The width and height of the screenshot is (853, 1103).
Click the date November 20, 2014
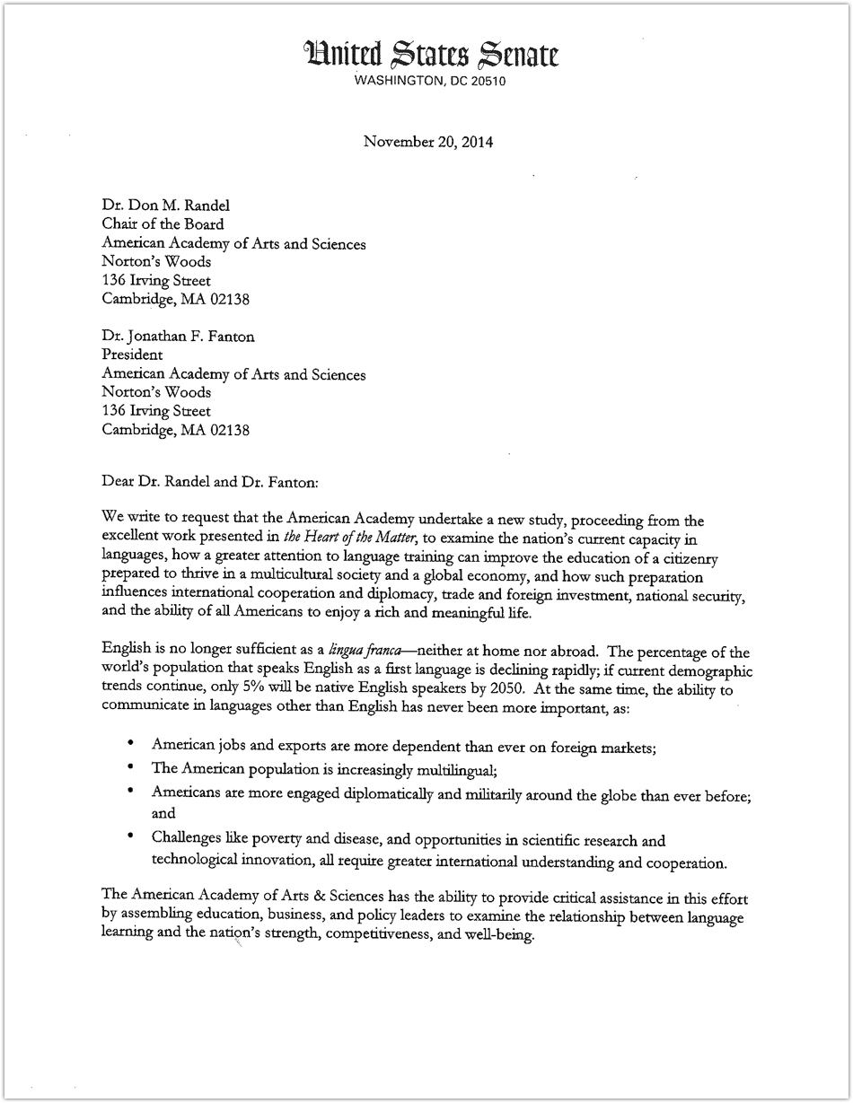[427, 141]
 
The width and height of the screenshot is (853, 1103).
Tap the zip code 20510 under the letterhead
[494, 81]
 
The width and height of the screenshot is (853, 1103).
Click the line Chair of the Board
[163, 223]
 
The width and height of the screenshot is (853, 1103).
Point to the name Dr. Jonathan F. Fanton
[178, 336]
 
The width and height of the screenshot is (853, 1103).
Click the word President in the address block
[132, 355]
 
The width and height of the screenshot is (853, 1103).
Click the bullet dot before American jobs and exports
[131, 743]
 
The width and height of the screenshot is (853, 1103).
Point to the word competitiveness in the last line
[374, 935]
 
